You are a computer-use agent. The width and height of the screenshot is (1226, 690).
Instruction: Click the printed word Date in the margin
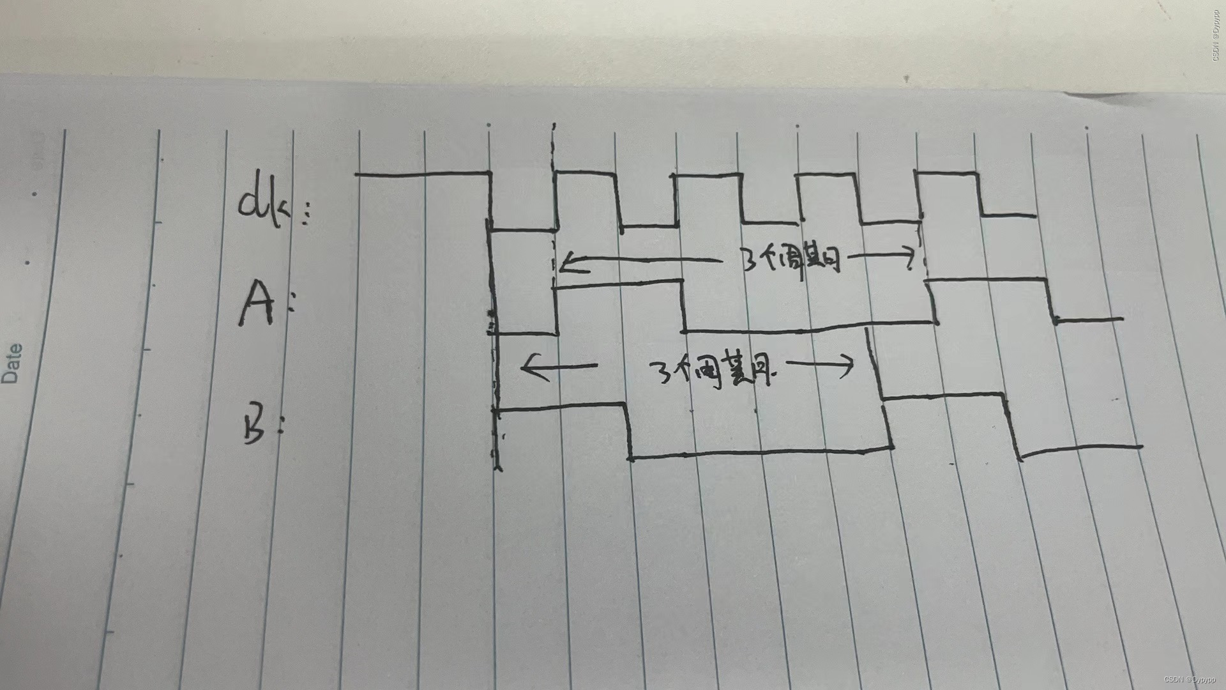coord(11,363)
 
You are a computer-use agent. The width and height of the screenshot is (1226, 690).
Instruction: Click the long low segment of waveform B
coord(760,454)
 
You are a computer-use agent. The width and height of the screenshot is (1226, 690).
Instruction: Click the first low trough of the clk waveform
coord(524,229)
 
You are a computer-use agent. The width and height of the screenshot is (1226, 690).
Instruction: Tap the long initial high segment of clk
coord(421,174)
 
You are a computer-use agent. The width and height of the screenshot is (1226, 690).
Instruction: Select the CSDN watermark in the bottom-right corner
coord(1192,680)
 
